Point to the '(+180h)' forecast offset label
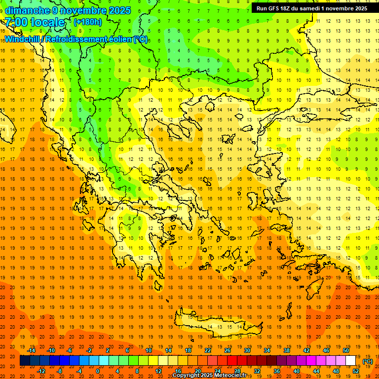click(87, 22)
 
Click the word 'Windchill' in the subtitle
click(23, 39)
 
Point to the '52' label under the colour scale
click(356, 371)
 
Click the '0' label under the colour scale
click(98, 371)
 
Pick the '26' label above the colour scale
click(227, 350)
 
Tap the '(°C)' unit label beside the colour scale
click(368, 361)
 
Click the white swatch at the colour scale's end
click(351, 361)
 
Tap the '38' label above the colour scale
click(287, 350)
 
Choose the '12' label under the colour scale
click(158, 371)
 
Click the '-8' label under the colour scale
click(59, 371)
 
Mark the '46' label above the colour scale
click(326, 350)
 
